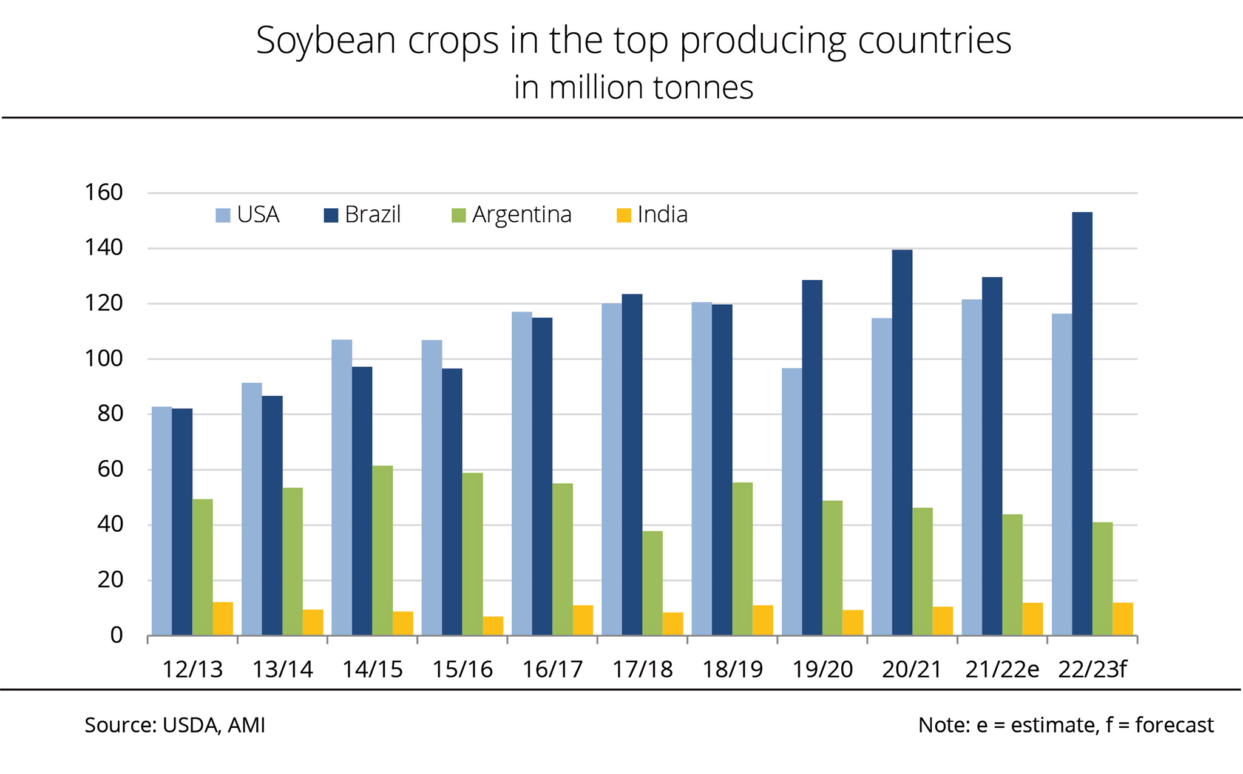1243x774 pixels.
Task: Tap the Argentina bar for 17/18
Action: [x=652, y=583]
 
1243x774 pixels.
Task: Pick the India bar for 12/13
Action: [x=223, y=619]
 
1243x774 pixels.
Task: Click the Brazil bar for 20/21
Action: [x=902, y=443]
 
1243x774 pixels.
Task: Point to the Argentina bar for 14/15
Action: [x=382, y=550]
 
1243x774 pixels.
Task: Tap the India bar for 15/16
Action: [x=493, y=626]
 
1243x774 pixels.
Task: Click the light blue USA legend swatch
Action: [x=223, y=216]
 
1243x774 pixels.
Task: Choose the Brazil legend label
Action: [x=373, y=215]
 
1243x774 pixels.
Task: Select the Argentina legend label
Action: [x=521, y=215]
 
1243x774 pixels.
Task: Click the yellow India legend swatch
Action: [x=623, y=216]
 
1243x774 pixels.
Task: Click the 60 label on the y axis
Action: [x=110, y=469]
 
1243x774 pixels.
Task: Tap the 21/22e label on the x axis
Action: [x=1002, y=670]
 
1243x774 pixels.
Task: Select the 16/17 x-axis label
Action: [x=552, y=670]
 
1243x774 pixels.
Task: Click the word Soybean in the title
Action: [x=326, y=41]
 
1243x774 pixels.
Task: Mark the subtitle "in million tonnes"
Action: [x=634, y=87]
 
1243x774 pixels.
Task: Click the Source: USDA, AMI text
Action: [x=175, y=725]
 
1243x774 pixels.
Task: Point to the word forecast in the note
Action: [x=1174, y=725]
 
